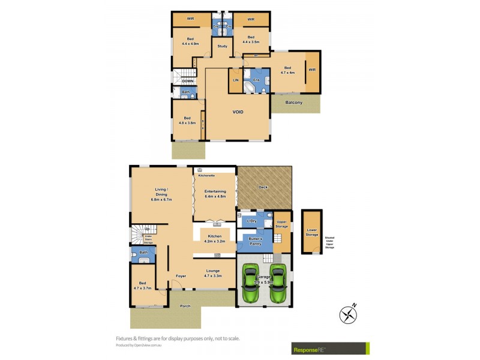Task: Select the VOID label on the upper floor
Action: click(x=238, y=112)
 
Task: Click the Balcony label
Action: click(x=294, y=103)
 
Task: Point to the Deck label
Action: click(x=263, y=187)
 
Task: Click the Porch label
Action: click(x=185, y=306)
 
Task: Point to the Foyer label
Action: click(x=180, y=276)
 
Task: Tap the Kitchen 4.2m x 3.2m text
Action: click(x=214, y=238)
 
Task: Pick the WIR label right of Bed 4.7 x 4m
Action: click(x=312, y=70)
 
